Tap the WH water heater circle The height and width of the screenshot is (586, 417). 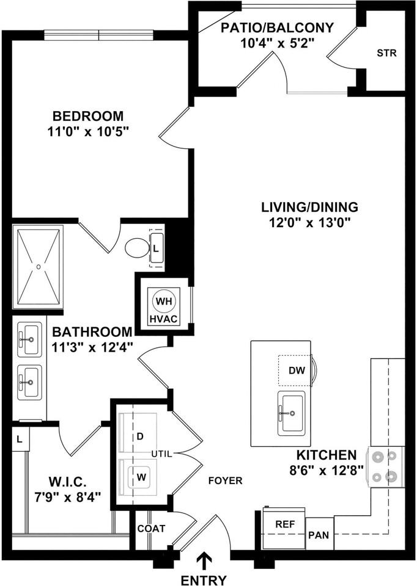point(164,302)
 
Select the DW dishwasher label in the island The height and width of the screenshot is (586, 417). point(295,370)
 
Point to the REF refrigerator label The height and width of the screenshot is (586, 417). point(285,524)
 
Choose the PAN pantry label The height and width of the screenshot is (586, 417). point(319,535)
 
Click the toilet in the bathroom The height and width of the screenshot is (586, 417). point(136,248)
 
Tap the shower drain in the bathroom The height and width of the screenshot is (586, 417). point(38,266)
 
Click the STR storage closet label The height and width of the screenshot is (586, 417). point(386,52)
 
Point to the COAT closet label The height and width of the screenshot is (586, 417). point(151,528)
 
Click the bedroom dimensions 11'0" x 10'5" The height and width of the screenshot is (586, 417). point(88,131)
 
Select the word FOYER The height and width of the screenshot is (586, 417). point(225,480)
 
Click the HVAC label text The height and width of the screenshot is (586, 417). point(164,320)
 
